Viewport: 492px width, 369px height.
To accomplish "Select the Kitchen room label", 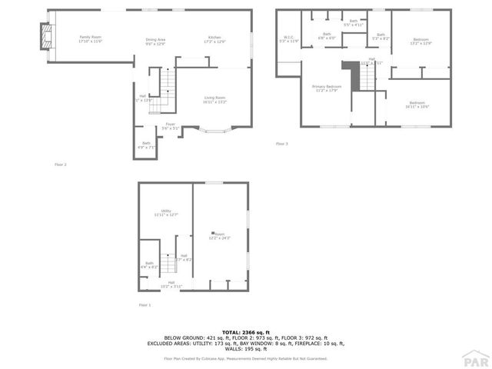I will (215, 38).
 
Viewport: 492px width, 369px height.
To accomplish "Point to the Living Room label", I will (214, 99).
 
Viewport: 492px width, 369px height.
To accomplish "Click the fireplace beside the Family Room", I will (45, 35).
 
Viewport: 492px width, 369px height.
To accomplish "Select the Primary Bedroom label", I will (326, 88).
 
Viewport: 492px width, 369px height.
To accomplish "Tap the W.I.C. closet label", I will (288, 38).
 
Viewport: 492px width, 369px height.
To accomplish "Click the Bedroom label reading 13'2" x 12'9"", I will (421, 40).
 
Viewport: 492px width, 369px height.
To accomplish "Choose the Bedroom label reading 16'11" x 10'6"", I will (417, 105).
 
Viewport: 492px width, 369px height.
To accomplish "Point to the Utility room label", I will (166, 213).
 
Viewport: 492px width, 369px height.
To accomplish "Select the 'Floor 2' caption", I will (60, 165).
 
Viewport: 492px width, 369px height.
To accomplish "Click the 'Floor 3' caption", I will (282, 144).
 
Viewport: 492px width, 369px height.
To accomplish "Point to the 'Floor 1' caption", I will (145, 305).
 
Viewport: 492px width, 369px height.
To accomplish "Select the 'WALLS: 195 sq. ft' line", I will (245, 348).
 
